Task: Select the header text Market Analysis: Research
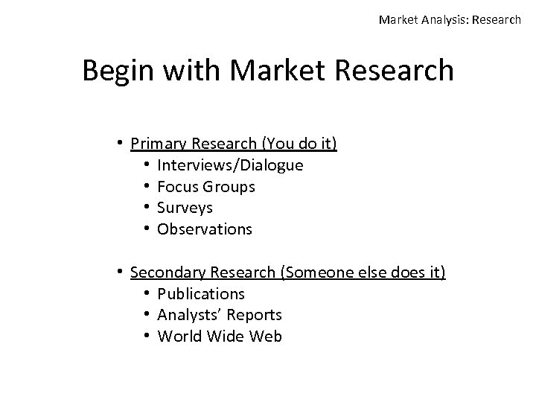tap(450, 20)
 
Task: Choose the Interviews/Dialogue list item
tap(230, 165)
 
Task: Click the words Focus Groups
tap(205, 187)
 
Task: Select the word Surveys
tap(185, 208)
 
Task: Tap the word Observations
tap(205, 229)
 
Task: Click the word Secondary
tap(167, 272)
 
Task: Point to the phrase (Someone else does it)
tap(363, 272)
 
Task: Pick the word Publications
tap(201, 294)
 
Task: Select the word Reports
tap(255, 316)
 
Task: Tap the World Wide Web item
tap(220, 336)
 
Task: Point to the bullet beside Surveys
tap(149, 208)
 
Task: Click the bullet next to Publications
tap(149, 294)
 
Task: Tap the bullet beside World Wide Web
tap(149, 336)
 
